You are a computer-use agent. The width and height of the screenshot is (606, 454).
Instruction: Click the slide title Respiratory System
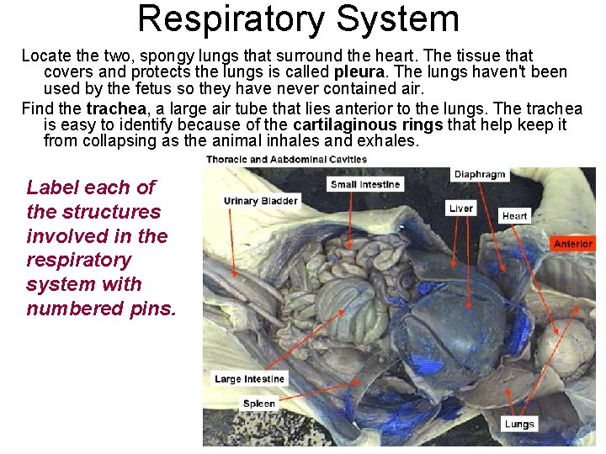click(298, 18)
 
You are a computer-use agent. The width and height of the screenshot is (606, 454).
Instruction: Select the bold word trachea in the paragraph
click(117, 108)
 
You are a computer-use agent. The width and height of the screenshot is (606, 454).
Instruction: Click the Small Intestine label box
click(365, 184)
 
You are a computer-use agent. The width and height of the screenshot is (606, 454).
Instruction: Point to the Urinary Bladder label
click(260, 201)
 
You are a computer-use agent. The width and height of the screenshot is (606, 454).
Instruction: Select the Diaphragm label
click(480, 175)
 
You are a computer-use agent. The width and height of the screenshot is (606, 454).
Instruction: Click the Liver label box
click(461, 208)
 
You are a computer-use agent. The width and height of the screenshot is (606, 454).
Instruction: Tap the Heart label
click(514, 215)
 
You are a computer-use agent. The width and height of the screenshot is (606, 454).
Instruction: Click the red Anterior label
click(573, 244)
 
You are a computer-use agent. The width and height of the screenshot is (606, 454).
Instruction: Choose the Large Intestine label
click(249, 379)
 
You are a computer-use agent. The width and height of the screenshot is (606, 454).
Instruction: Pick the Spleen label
click(258, 404)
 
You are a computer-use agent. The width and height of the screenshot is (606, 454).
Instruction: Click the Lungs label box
click(519, 424)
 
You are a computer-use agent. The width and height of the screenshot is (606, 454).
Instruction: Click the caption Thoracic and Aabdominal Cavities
click(286, 159)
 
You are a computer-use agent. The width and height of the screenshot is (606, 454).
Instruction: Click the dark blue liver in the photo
click(446, 328)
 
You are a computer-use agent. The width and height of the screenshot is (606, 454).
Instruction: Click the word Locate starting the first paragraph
click(46, 55)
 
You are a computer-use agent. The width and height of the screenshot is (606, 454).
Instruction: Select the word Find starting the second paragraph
click(37, 108)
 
